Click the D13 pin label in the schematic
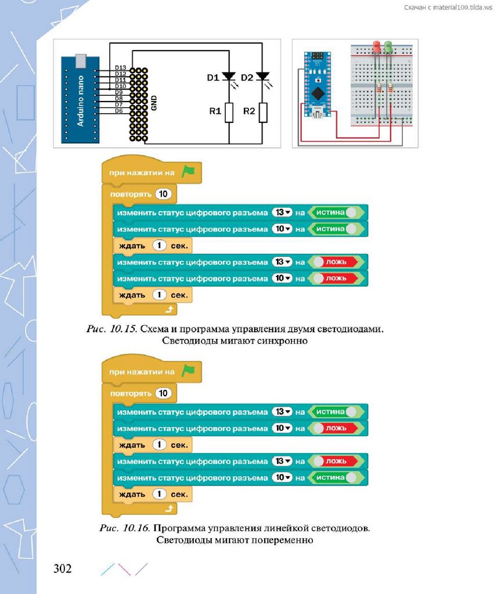pyautogui.click(x=121, y=68)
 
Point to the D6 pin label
pyautogui.click(x=118, y=110)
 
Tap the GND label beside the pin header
pyautogui.click(x=154, y=103)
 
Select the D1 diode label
pyautogui.click(x=213, y=77)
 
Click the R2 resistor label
pyautogui.click(x=249, y=111)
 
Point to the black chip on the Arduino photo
pyautogui.click(x=318, y=93)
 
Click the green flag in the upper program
pyautogui.click(x=188, y=172)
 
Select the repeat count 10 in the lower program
pyautogui.click(x=164, y=393)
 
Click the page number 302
pyautogui.click(x=62, y=568)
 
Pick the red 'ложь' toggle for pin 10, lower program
pyautogui.click(x=335, y=428)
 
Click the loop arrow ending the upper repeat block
pyautogui.click(x=170, y=310)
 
